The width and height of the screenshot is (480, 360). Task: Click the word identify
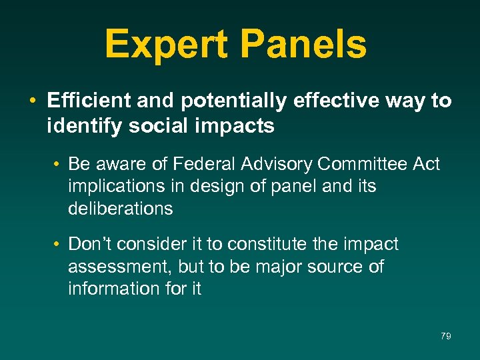(78, 126)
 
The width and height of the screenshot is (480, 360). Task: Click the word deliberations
(120, 209)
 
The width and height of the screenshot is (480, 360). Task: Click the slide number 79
(446, 336)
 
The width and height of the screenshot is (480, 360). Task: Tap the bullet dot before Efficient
(32, 102)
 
